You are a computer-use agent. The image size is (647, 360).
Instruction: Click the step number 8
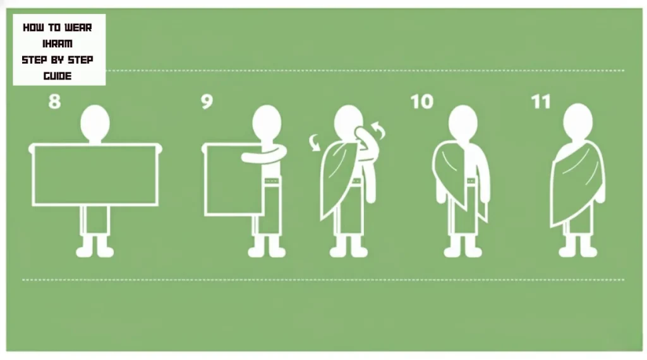tap(55, 102)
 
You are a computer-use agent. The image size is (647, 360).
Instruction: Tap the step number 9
tap(207, 102)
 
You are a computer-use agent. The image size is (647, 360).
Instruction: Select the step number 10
tap(422, 102)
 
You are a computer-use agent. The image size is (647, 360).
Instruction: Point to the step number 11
tap(541, 102)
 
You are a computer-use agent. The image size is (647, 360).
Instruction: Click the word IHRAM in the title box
tap(59, 44)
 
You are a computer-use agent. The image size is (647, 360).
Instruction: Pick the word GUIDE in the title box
tap(57, 76)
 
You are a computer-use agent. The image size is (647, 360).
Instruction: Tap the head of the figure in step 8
tap(96, 122)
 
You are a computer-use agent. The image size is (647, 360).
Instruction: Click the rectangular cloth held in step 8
tap(95, 174)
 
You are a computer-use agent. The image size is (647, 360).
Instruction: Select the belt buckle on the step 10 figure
tap(471, 182)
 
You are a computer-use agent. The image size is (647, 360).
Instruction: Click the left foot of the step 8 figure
tap(85, 251)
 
